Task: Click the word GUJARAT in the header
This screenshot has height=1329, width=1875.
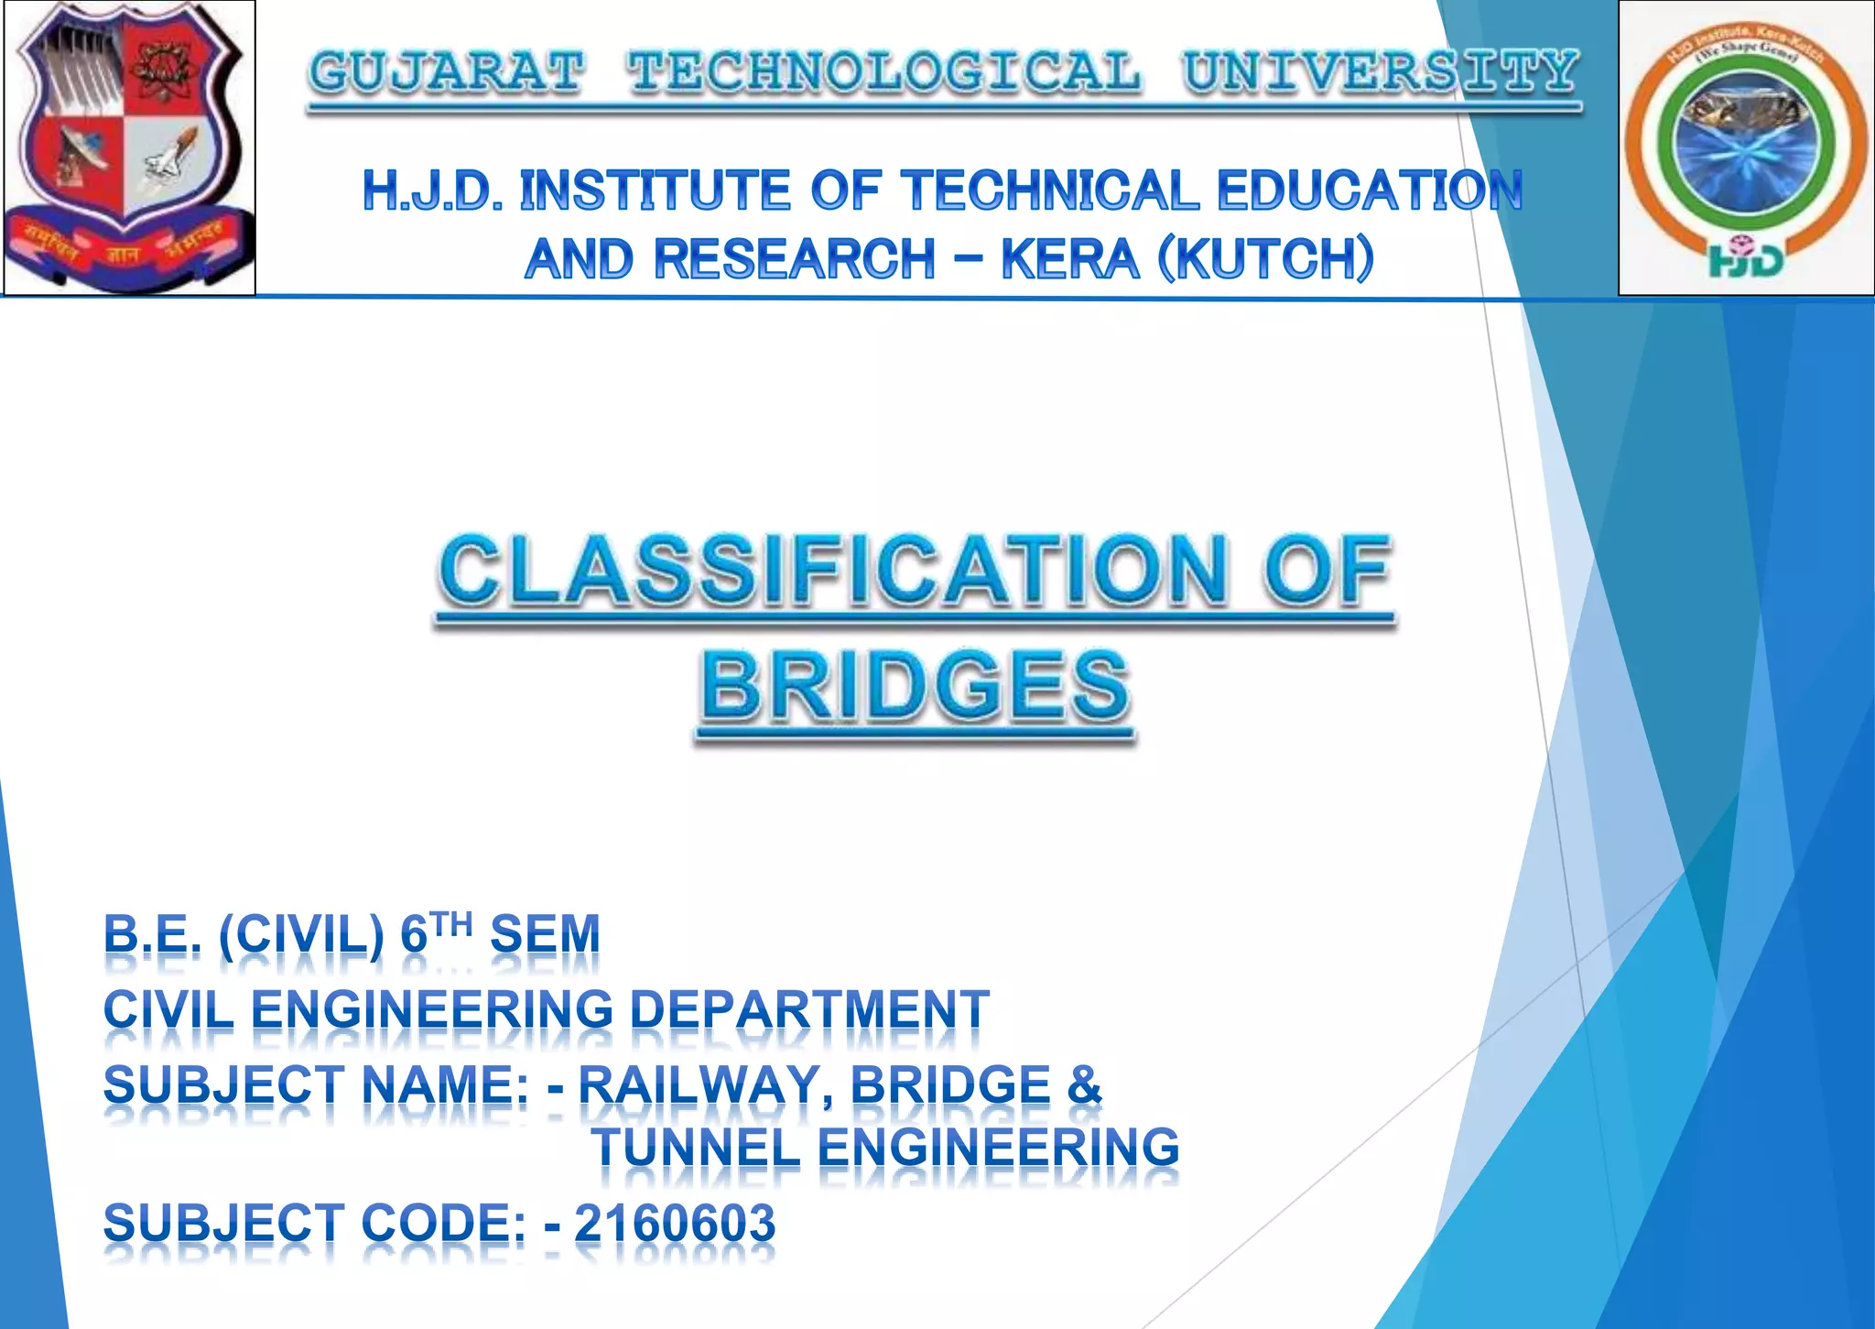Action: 446,72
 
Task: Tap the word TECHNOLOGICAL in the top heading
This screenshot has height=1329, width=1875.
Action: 884,72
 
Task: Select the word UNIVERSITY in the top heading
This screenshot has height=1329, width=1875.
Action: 1381,72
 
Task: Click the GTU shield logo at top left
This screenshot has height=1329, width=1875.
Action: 128,147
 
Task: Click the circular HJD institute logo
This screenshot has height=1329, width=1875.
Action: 1746,147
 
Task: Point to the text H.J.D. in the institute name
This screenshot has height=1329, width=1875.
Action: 432,191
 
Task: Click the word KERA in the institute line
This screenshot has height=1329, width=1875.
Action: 1069,259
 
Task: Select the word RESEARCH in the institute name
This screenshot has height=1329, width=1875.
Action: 794,259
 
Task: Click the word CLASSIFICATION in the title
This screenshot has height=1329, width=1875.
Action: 831,572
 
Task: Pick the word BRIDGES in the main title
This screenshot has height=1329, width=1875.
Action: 916,687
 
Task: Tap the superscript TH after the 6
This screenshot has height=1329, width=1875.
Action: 452,925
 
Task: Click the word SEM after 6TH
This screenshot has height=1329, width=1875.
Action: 545,935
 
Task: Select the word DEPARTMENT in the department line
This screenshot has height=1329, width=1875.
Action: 809,1010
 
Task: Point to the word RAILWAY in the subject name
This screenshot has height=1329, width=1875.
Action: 699,1085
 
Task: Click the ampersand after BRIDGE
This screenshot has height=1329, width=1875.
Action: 1084,1085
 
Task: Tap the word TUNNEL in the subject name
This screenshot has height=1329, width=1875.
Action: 696,1149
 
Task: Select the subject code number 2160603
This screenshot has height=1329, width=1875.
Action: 675,1224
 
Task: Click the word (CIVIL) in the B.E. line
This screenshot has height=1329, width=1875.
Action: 301,935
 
